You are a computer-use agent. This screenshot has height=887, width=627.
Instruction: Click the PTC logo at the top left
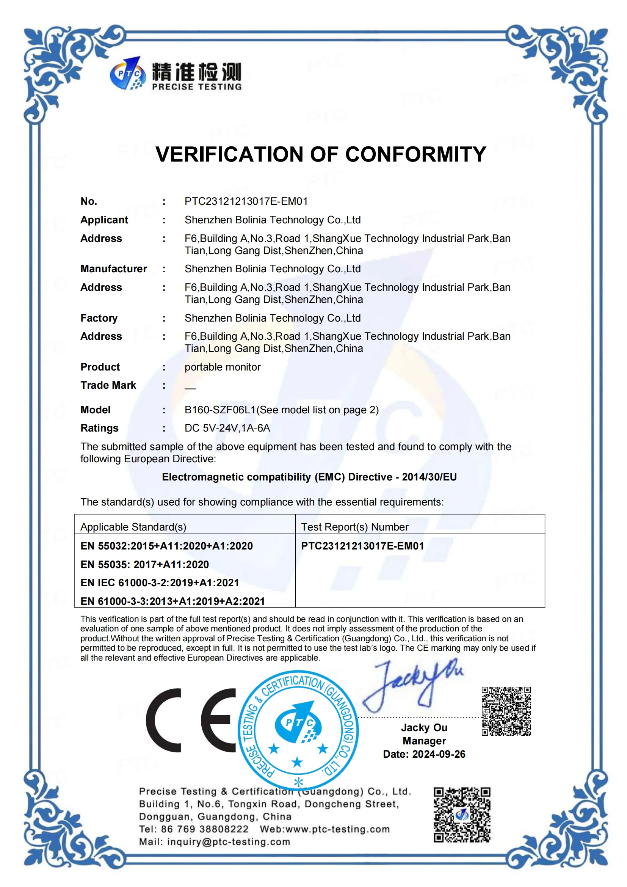128,74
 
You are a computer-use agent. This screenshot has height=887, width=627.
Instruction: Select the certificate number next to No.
246,201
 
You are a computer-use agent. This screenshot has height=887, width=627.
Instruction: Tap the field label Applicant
104,220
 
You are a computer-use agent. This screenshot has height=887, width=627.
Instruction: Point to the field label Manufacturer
113,269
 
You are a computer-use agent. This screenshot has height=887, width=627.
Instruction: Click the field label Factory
99,318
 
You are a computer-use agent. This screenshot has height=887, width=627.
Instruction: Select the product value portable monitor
223,367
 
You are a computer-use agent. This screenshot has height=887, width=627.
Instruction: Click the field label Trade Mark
108,385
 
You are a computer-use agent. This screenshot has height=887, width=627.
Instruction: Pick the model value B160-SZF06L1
220,410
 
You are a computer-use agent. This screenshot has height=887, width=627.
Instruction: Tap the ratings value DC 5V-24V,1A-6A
227,428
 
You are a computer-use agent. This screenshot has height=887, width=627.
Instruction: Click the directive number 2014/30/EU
429,477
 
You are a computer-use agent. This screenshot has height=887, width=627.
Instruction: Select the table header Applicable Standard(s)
133,527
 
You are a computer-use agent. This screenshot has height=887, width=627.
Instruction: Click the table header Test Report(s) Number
354,527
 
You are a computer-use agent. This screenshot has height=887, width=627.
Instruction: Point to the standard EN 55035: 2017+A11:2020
144,564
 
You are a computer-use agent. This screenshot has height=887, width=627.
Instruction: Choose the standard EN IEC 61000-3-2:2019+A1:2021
160,582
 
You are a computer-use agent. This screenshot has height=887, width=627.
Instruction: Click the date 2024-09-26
439,754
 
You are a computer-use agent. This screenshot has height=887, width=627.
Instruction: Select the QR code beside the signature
506,711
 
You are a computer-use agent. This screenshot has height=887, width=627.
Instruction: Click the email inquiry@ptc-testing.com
228,842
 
